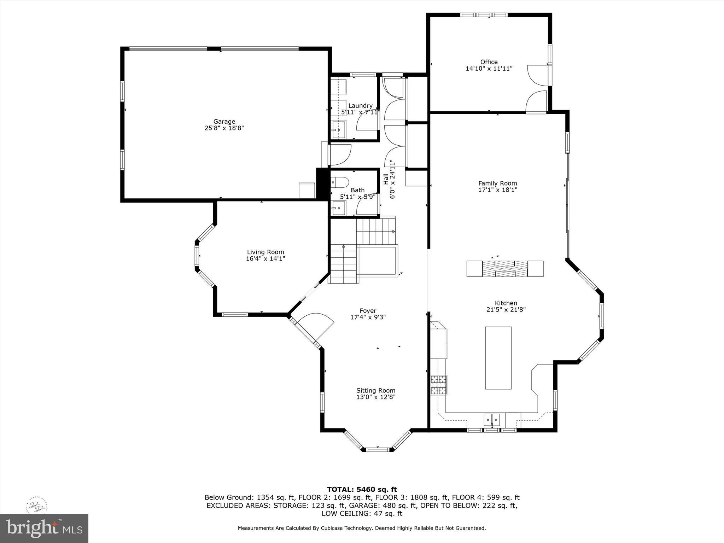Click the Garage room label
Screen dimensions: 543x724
[224, 122]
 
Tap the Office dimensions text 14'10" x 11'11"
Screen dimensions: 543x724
[489, 69]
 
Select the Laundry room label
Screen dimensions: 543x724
[360, 106]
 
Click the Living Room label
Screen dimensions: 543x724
[265, 252]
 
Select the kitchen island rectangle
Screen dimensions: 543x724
[498, 358]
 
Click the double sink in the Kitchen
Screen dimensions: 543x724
[492, 420]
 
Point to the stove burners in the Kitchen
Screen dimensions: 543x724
[439, 385]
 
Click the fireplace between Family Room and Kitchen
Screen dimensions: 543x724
[505, 269]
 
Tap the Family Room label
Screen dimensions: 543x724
[497, 183]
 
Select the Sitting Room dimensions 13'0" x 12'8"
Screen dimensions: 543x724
[376, 397]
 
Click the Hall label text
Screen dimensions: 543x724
[386, 178]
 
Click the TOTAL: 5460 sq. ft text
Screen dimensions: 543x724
[362, 490]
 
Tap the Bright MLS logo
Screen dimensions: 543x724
[44, 529]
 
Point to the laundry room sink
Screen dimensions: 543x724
[338, 129]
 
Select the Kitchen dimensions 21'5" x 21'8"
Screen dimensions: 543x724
[506, 310]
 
